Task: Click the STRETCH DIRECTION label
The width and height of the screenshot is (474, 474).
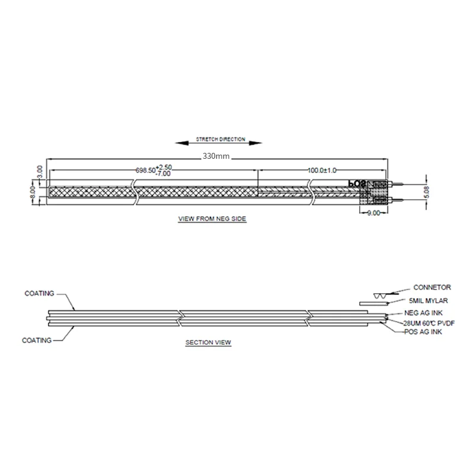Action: [220, 140]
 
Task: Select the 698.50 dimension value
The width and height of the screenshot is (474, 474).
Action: [145, 170]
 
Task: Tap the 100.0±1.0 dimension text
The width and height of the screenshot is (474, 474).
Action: [321, 170]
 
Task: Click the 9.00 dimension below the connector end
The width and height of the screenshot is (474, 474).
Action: [374, 213]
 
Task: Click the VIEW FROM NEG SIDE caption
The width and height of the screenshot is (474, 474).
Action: [212, 219]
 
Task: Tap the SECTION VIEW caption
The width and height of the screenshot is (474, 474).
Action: [208, 342]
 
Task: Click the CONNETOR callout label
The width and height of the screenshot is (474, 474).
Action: [432, 287]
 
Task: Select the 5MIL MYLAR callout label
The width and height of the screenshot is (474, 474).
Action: [428, 300]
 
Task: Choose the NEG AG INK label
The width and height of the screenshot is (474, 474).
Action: [422, 312]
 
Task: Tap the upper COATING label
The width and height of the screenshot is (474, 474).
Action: [40, 293]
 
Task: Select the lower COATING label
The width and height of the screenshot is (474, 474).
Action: [37, 341]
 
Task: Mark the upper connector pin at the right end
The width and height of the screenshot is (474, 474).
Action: [398, 185]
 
